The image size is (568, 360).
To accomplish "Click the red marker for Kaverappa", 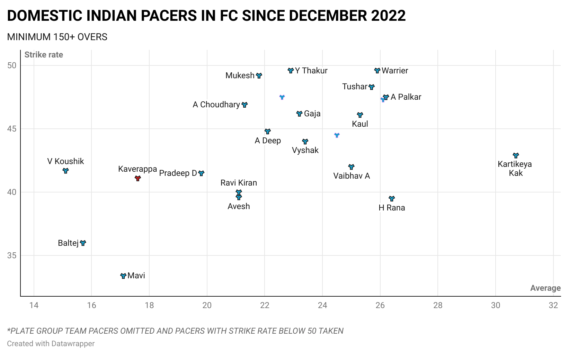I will [137, 178].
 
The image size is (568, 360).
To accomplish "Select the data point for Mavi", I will [123, 276].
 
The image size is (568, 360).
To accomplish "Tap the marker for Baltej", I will [83, 243].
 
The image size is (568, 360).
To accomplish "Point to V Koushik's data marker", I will [65, 171].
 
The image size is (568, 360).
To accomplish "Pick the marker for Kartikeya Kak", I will [516, 155].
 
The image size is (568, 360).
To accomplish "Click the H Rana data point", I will [392, 199].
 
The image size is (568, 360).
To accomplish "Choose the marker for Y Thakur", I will [291, 71].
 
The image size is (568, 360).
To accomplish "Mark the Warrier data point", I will [377, 71].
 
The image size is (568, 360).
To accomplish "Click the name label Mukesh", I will [240, 75].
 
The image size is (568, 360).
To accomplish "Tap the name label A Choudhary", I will [216, 105].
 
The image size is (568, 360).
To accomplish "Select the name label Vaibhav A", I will [352, 176].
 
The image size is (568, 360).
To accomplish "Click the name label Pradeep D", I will [178, 173].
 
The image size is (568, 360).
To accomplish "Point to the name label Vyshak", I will [305, 150].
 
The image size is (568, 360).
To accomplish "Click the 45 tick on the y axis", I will [12, 129].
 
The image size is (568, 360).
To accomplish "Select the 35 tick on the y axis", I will [12, 255].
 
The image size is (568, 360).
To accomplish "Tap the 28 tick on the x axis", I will [438, 305].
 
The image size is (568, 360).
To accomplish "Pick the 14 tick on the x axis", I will [34, 305].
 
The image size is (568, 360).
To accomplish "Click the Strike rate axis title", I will [44, 55].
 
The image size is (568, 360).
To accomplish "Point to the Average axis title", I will [545, 288].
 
